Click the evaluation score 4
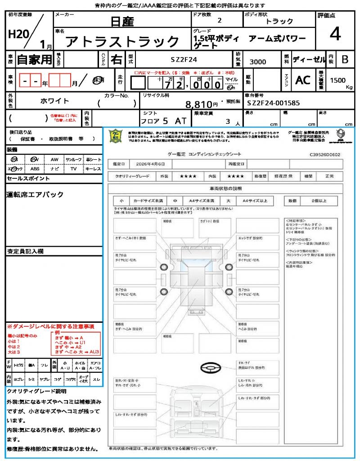[x=335, y=34]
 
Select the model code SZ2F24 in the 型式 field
[x=184, y=59]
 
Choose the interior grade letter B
[x=345, y=59]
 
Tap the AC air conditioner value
[x=303, y=80]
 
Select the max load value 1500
[x=338, y=80]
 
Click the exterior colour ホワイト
[x=55, y=101]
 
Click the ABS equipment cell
[x=35, y=169]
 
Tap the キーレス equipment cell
[x=93, y=169]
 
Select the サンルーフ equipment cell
[x=74, y=159]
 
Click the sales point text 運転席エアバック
[x=35, y=194]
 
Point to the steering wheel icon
[x=210, y=369]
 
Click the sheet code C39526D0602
[x=324, y=154]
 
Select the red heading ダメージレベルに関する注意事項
[x=50, y=326]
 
